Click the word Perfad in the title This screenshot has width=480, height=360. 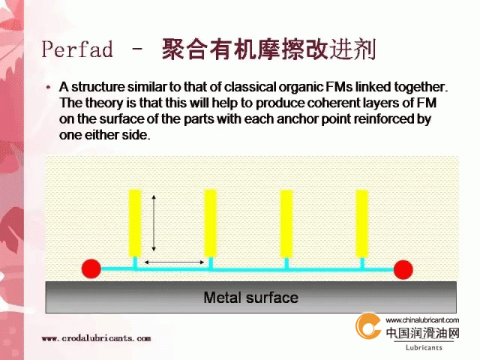point(77,49)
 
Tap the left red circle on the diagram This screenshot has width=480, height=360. point(91,268)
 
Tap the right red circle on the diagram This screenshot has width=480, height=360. point(403,270)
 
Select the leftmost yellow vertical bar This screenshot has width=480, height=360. point(135,223)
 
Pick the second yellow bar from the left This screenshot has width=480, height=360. point(210,223)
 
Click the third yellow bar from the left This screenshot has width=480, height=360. point(286,223)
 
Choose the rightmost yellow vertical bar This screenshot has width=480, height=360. point(361,223)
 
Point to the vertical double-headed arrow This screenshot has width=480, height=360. point(154,223)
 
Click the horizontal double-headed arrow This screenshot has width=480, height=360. point(174,262)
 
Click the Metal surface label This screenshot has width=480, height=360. point(250,298)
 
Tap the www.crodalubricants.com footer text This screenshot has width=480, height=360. point(97,338)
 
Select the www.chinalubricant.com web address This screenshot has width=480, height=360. point(422,320)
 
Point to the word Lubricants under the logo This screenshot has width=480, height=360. point(424,348)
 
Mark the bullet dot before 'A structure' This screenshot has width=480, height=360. point(48,88)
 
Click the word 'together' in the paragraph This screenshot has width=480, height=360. point(421,87)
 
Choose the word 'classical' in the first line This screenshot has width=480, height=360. point(250,87)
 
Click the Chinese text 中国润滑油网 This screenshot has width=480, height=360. point(423,333)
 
